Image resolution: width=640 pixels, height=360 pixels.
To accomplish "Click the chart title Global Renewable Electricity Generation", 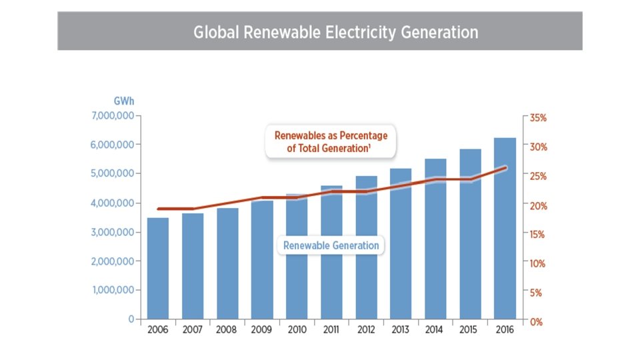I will tap(335, 32).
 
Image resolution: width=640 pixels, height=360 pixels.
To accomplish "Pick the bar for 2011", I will tap(331, 253).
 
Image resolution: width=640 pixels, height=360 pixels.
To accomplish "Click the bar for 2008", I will tap(227, 264).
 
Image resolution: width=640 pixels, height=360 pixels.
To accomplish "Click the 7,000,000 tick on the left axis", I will tap(112, 115).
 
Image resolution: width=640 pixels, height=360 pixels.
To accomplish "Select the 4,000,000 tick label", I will tap(112, 203).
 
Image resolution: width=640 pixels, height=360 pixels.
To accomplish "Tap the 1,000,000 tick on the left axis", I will tap(112, 290).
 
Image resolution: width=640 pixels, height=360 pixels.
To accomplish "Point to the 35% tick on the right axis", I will tap(537, 117).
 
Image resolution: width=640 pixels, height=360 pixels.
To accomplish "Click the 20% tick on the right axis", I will tap(537, 205).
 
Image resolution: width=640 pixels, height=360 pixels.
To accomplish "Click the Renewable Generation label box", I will tap(331, 245).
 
